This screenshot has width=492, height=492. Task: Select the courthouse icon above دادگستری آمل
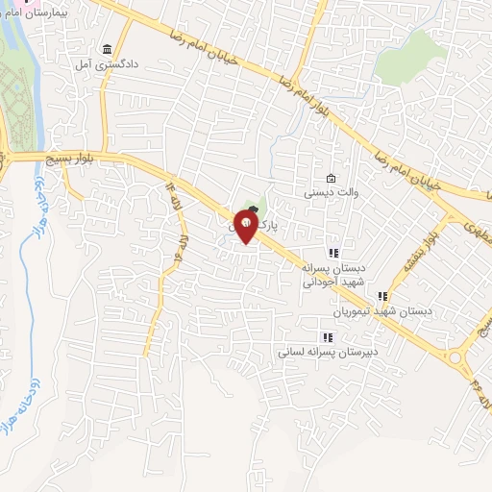107,48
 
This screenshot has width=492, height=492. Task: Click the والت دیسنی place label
332,192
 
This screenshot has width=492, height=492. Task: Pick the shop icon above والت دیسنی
332,178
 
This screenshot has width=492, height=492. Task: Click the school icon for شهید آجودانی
333,253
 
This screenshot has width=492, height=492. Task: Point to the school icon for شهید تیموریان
382,297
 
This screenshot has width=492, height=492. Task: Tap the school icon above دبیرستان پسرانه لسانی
328,337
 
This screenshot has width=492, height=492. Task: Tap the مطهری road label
473,227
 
